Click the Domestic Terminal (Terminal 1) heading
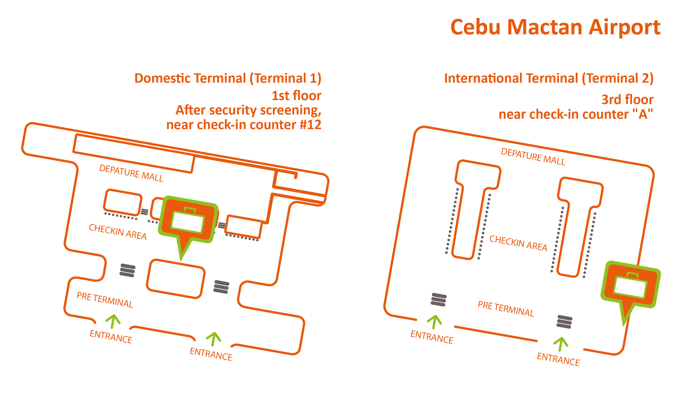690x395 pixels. pyautogui.click(x=228, y=78)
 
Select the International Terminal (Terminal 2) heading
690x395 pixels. pyautogui.click(x=548, y=78)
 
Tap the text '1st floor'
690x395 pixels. pyautogui.click(x=296, y=96)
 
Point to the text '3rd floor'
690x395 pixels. pyautogui.click(x=627, y=100)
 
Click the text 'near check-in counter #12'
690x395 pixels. pyautogui.click(x=244, y=125)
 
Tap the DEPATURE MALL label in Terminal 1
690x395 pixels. pyautogui.click(x=131, y=173)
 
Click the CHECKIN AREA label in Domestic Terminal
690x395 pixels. pyautogui.click(x=117, y=232)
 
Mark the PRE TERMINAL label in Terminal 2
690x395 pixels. pyautogui.click(x=506, y=309)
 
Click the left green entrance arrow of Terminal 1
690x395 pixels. pyautogui.click(x=113, y=321)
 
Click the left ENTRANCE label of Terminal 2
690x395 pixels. pyautogui.click(x=432, y=337)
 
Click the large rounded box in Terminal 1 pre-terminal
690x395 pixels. pyautogui.click(x=176, y=279)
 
